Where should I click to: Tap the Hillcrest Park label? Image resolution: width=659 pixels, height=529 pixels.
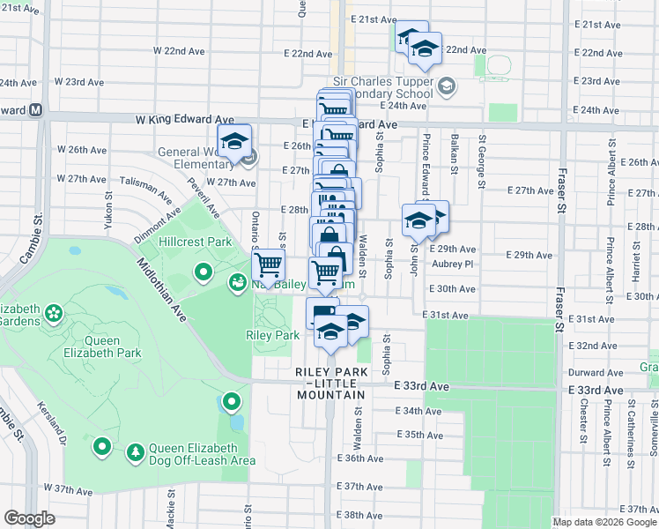195,242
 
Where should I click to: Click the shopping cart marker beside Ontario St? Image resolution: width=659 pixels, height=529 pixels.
268,264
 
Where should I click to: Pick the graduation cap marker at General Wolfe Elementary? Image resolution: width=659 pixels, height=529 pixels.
235,141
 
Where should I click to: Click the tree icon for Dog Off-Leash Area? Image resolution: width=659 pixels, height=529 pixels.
135,453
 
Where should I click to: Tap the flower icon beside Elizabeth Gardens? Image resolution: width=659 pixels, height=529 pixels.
54,312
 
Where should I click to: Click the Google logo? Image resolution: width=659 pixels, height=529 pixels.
29,518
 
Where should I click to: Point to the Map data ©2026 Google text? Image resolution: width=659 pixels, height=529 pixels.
604,521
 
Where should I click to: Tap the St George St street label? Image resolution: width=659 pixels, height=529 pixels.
482,161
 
